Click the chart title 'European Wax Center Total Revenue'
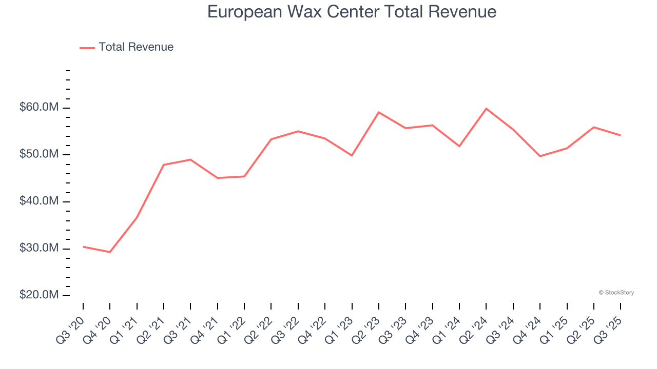pos(352,11)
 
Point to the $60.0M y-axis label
pos(39,108)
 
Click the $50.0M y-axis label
pos(39,155)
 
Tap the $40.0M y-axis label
pos(39,201)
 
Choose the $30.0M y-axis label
pos(39,249)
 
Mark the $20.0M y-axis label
pos(39,296)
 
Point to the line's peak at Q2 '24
pos(486,109)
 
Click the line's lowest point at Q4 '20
pos(110,252)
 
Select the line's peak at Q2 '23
pos(378,112)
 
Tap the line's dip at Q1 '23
pos(352,155)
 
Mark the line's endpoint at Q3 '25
pos(621,135)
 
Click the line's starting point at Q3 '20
pos(83,247)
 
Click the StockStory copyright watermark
pos(616,293)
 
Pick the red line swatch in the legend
pos(87,48)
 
